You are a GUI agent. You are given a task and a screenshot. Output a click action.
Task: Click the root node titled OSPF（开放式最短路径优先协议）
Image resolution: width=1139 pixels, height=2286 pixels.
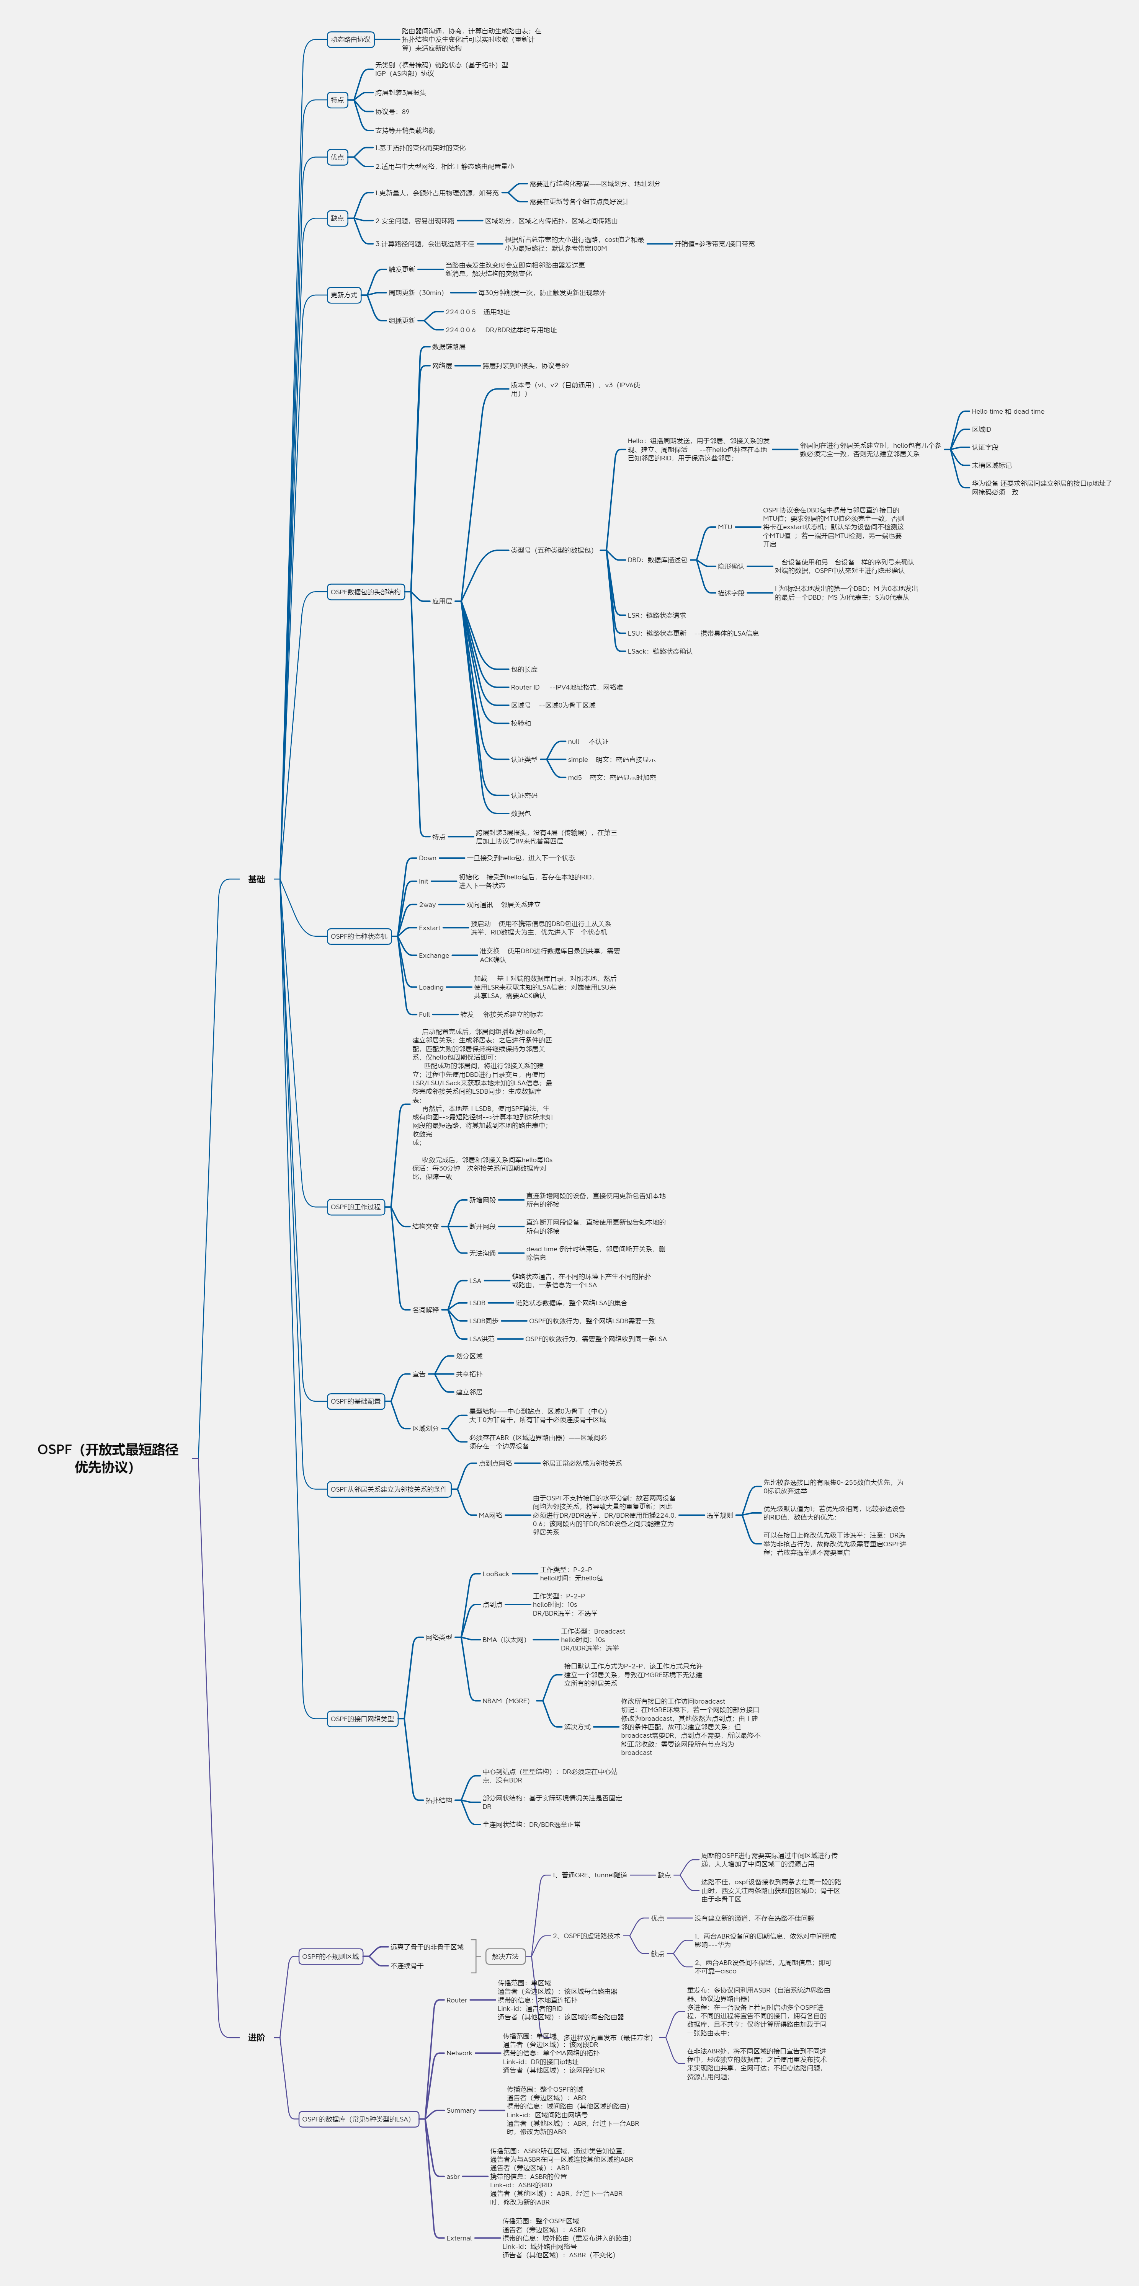(108, 1458)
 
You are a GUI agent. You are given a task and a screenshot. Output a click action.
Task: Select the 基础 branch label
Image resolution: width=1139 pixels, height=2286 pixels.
(257, 879)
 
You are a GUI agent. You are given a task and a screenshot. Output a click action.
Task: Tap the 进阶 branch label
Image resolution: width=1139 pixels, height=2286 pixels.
(257, 2038)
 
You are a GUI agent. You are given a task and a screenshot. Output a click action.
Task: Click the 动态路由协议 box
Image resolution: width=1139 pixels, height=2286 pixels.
(351, 40)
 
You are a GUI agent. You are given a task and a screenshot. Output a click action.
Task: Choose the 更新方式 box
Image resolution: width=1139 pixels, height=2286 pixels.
(343, 295)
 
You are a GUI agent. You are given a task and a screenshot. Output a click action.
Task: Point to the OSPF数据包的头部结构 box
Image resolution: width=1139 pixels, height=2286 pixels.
(366, 592)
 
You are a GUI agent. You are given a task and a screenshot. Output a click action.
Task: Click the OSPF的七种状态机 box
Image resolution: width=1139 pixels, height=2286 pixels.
(359, 936)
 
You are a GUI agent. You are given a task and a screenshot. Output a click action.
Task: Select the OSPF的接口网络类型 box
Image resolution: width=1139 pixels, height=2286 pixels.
(362, 1719)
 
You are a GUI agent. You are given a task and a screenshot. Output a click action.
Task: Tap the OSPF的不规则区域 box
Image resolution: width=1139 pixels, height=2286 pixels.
(330, 1957)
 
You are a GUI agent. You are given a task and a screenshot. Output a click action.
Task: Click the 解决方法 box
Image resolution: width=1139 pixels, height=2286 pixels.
(505, 1957)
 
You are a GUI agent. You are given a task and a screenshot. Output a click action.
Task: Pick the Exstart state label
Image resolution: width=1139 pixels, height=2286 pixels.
(430, 928)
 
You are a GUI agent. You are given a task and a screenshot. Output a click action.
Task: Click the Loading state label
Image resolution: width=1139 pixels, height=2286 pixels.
(431, 988)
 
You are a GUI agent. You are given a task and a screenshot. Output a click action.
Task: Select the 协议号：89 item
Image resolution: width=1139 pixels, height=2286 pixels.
(392, 112)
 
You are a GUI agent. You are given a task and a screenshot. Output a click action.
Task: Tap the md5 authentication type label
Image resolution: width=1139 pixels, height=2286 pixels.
(575, 778)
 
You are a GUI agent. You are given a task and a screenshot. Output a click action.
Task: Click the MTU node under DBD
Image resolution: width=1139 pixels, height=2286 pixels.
(725, 527)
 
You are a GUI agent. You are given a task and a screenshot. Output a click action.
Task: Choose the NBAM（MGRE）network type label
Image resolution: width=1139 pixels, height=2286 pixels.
(506, 1701)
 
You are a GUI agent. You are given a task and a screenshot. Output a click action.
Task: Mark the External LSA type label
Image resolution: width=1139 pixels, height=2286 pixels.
(459, 2238)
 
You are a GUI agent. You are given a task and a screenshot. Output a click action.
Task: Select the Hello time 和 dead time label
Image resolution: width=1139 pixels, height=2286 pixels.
(1008, 412)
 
